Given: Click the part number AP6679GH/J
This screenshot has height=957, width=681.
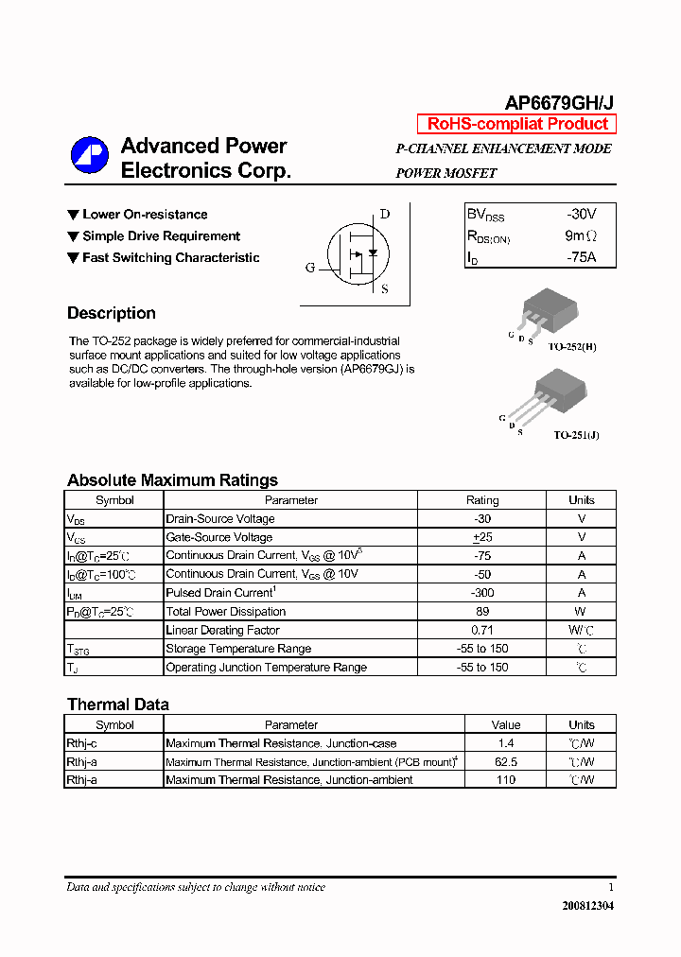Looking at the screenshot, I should (x=559, y=103).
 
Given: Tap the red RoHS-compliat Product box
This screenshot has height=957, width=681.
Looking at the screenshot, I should (x=516, y=124).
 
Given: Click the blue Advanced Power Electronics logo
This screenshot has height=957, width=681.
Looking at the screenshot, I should (x=90, y=156).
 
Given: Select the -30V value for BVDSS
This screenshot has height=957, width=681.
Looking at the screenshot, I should (x=581, y=215).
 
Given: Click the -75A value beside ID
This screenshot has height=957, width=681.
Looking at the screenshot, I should (x=581, y=256).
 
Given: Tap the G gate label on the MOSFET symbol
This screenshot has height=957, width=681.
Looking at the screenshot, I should (x=309, y=268).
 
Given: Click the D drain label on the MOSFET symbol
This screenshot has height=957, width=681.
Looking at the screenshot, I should (x=385, y=214).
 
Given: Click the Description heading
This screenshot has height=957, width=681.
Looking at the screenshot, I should (x=112, y=313).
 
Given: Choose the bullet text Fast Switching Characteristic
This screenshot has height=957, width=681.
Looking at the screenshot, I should (x=170, y=257).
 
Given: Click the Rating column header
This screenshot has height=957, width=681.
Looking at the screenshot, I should (x=482, y=500).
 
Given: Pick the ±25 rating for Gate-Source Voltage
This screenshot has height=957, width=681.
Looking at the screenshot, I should (x=482, y=537).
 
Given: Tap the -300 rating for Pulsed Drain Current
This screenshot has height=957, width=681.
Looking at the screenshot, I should (x=482, y=593).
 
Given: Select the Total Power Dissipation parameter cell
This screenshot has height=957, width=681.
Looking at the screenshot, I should (x=225, y=612).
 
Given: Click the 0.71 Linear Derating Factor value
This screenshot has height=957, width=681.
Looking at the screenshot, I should (x=482, y=630).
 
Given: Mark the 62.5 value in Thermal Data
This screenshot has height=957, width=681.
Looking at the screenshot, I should (x=506, y=762).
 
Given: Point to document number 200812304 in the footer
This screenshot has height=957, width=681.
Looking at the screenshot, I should (x=587, y=906).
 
